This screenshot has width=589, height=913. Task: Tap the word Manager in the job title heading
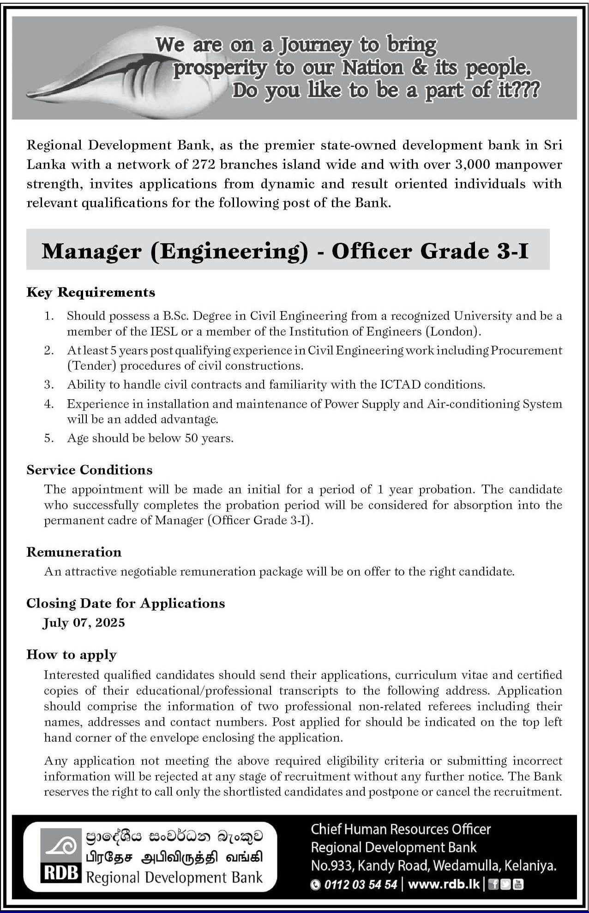click(91, 251)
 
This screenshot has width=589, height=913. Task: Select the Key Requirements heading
click(91, 292)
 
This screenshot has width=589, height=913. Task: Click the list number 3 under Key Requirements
click(49, 384)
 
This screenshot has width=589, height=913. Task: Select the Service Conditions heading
click(90, 470)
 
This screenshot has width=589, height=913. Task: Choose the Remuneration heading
click(74, 552)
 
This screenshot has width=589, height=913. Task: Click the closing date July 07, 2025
click(84, 623)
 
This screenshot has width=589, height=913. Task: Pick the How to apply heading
click(72, 655)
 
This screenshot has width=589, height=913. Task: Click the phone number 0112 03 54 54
click(360, 884)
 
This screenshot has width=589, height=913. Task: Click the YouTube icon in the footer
click(519, 884)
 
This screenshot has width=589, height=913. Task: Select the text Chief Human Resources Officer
click(401, 829)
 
